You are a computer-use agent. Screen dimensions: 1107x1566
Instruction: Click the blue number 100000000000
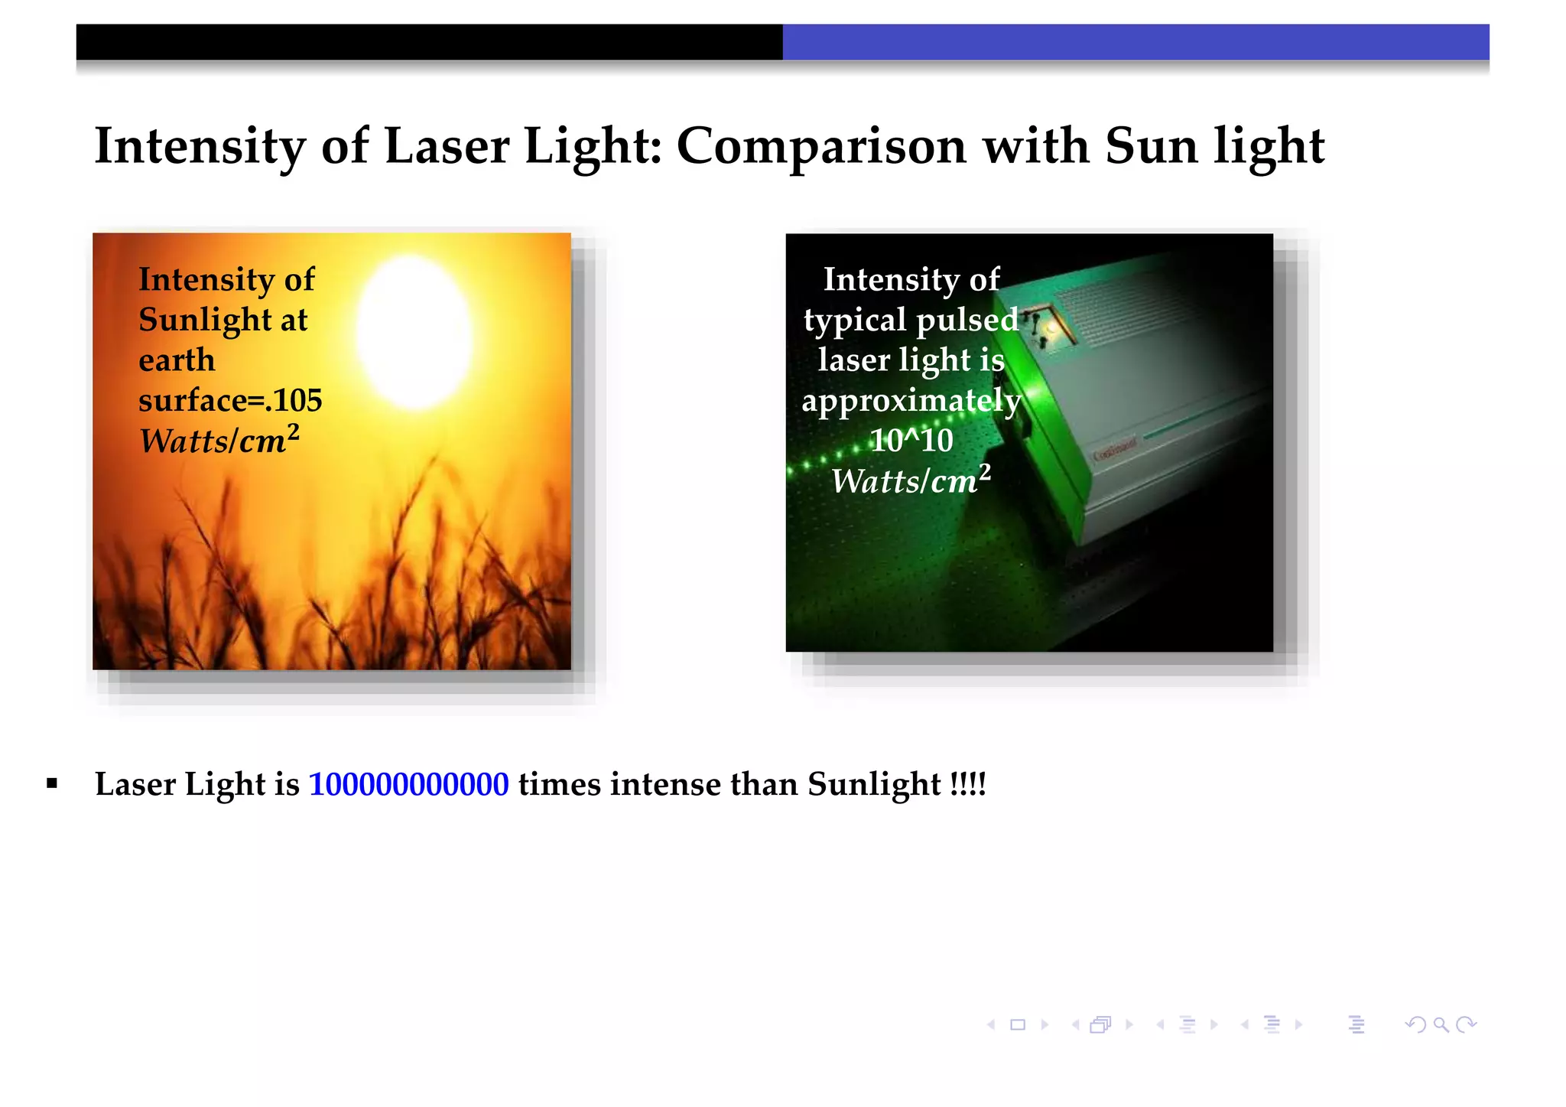408,785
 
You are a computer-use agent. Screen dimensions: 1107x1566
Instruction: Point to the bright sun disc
414,333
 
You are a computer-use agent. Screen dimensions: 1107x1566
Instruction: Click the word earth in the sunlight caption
177,360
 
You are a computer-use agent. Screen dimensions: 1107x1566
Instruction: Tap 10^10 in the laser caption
911,441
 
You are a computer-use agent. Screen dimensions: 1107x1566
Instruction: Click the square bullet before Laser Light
52,783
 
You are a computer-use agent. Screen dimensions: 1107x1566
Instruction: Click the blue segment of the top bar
1136,42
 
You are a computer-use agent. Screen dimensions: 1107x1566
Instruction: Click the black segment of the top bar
429,42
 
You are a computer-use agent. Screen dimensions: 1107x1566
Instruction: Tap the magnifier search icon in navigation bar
1441,1025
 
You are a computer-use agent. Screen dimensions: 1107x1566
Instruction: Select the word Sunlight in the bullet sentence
874,785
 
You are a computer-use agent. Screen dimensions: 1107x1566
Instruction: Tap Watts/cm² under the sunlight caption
219,441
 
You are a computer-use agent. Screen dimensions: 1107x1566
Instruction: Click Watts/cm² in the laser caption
911,480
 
